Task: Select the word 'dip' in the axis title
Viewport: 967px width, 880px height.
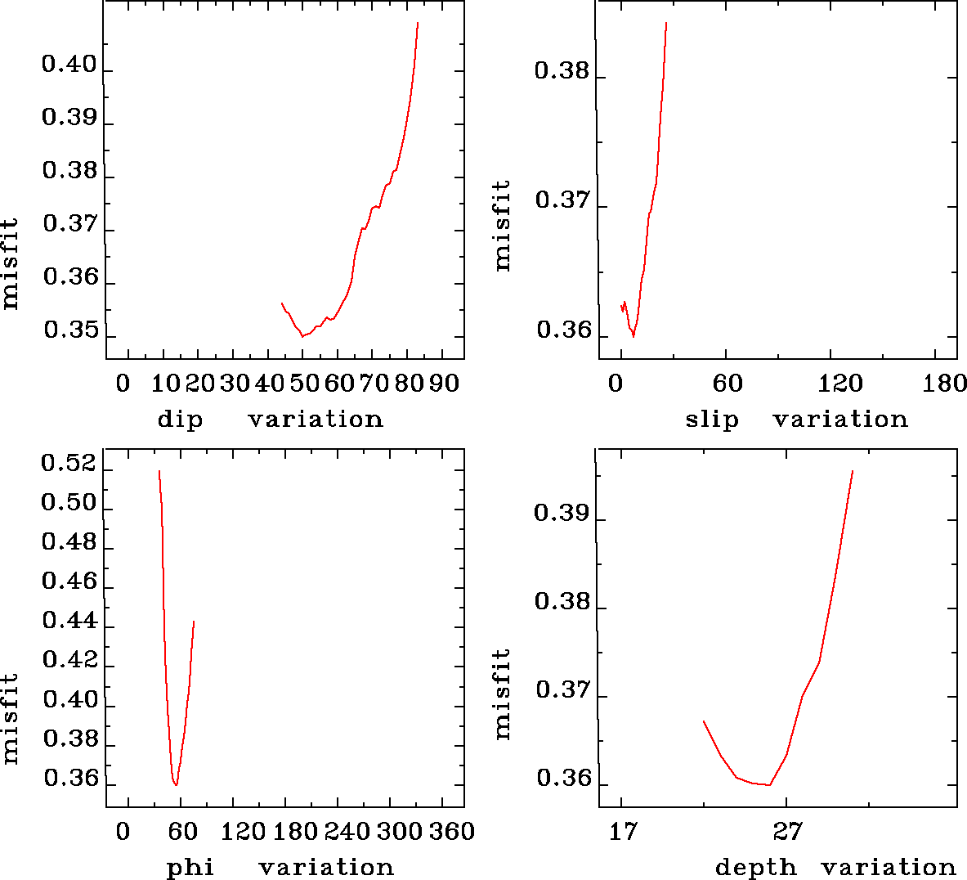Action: click(x=180, y=420)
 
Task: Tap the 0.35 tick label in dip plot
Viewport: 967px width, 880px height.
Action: click(x=70, y=331)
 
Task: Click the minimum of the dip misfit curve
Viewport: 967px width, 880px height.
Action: click(x=302, y=336)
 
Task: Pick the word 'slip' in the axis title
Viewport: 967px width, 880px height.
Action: click(x=712, y=420)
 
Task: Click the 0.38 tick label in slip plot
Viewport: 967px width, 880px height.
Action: click(x=562, y=71)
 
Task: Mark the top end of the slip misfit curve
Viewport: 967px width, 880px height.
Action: click(x=666, y=24)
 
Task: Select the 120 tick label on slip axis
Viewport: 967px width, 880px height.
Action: click(x=841, y=383)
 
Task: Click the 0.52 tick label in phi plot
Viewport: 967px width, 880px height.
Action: click(x=69, y=465)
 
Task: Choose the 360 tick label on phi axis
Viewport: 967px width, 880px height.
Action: click(x=452, y=832)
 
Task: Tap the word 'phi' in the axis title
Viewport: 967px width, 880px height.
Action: click(x=190, y=868)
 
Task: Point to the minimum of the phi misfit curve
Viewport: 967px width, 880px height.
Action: click(x=176, y=785)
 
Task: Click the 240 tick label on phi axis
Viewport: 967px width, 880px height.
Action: click(x=348, y=832)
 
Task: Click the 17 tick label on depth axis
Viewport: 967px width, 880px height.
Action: click(x=623, y=832)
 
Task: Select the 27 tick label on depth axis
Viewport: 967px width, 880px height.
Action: click(x=788, y=832)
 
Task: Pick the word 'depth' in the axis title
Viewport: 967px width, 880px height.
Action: click(x=755, y=868)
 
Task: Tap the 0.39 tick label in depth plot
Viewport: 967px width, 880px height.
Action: click(x=562, y=514)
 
